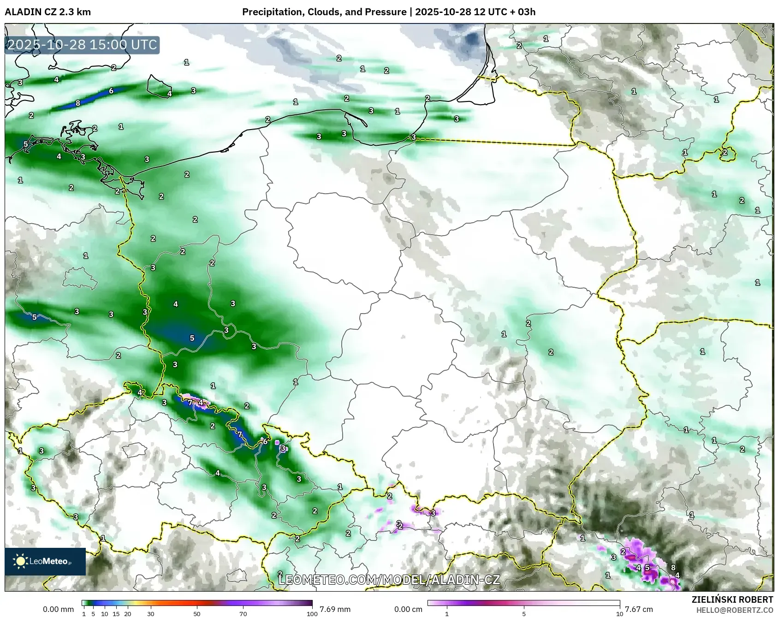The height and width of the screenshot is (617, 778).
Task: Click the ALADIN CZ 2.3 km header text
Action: tap(48, 12)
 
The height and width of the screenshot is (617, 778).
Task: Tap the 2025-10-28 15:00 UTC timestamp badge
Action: tap(82, 45)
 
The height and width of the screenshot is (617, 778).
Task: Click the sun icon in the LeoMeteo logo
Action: tap(21, 561)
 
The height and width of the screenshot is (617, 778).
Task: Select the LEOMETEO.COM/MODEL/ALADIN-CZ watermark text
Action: tap(389, 580)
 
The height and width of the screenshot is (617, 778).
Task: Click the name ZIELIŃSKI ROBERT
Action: tap(732, 599)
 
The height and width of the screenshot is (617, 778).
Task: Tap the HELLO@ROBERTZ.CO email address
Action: tap(735, 610)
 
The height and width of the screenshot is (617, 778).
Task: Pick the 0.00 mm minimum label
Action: tap(58, 609)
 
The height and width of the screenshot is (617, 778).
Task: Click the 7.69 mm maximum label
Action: tap(335, 609)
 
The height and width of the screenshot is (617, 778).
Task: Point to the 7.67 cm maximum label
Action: tap(639, 609)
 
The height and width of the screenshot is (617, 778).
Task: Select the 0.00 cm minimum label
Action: tap(408, 609)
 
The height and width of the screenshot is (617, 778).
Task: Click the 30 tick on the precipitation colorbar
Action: tap(151, 614)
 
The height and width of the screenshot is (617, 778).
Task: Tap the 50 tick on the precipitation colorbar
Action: tap(197, 614)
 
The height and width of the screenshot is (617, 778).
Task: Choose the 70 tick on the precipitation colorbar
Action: tap(243, 614)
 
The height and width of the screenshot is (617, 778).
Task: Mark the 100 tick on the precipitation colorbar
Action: tap(312, 614)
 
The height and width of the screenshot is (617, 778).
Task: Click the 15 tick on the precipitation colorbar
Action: tap(116, 614)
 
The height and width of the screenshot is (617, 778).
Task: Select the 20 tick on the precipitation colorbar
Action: tap(128, 614)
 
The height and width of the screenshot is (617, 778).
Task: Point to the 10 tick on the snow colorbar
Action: tap(620, 614)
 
